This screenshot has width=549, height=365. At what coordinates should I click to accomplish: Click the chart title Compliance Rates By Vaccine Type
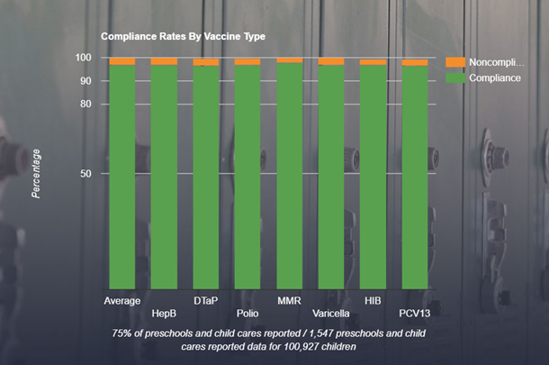(x=183, y=37)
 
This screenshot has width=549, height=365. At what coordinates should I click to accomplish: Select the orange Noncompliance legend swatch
(x=454, y=62)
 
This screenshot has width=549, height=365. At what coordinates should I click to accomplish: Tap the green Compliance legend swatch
(x=454, y=78)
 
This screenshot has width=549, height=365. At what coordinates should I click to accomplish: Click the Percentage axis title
(x=36, y=173)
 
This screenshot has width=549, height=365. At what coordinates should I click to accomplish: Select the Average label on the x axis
(x=121, y=300)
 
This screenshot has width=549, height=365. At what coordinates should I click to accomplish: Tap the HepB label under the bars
(x=164, y=314)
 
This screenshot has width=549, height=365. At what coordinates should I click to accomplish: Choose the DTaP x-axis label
(x=205, y=300)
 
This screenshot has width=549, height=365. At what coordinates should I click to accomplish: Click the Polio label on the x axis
(x=247, y=314)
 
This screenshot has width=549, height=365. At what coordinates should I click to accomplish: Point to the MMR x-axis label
(x=289, y=300)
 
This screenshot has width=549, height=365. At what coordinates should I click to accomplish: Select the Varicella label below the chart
(x=331, y=314)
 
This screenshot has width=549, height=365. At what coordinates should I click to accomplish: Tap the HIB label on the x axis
(x=373, y=300)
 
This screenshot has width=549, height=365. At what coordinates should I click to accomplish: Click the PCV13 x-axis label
(x=414, y=314)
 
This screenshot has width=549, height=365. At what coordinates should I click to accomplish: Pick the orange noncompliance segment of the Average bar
(x=121, y=61)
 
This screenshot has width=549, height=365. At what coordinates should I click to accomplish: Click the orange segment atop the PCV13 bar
(x=415, y=62)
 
